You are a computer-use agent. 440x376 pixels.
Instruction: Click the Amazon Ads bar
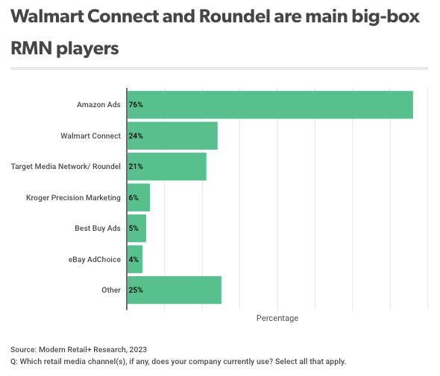point(270,105)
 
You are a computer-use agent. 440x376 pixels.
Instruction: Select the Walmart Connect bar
point(172,136)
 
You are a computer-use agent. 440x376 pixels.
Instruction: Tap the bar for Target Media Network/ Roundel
point(166,167)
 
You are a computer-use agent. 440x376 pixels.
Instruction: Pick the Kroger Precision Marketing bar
point(139,197)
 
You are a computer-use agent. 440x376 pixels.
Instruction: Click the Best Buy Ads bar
point(136,228)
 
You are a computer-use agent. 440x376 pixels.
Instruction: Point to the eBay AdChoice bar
point(135,259)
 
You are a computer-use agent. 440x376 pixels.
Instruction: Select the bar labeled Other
point(174,290)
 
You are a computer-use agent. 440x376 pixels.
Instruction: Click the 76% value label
point(136,105)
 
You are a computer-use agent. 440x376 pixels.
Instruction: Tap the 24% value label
point(136,136)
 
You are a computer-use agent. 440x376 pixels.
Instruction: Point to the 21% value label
point(136,167)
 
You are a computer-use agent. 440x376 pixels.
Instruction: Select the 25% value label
point(136,290)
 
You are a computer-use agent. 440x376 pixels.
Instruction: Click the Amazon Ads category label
point(98,105)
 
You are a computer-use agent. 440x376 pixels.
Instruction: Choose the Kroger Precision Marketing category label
point(73,197)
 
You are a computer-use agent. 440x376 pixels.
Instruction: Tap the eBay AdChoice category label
point(94,259)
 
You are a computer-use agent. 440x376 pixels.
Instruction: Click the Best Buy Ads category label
point(98,228)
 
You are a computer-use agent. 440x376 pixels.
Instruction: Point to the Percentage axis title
point(277,318)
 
